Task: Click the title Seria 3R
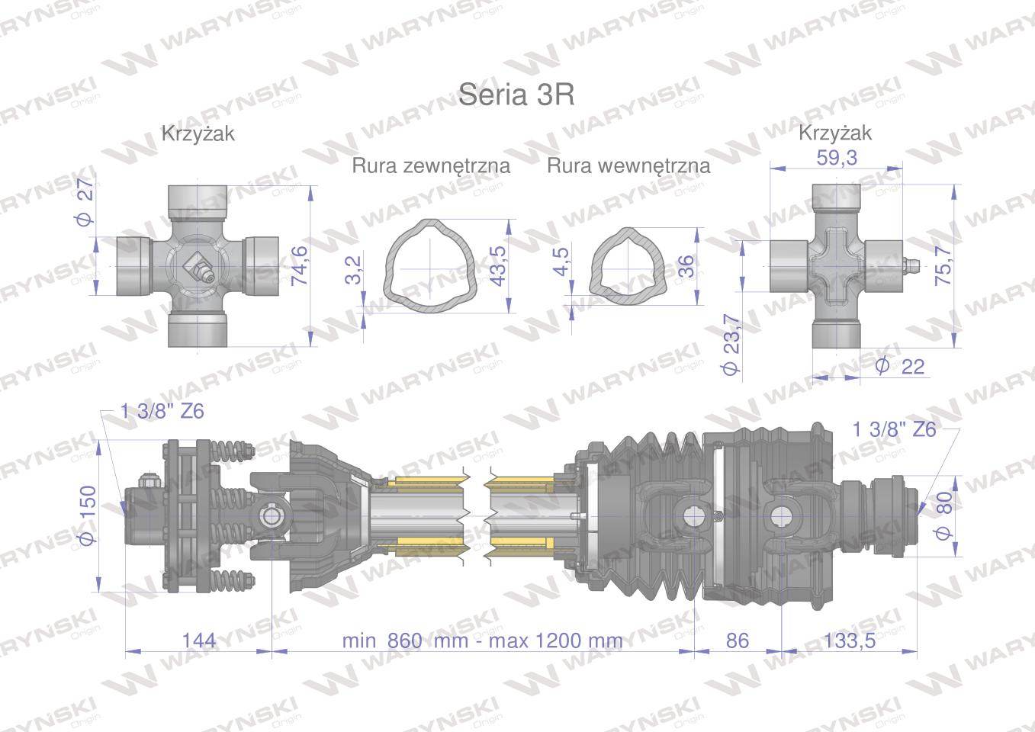[516, 95]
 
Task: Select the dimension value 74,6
[299, 265]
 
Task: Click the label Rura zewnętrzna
[431, 165]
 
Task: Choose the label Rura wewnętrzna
[628, 165]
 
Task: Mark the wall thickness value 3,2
[352, 270]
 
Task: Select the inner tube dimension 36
[686, 265]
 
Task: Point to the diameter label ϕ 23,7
[729, 345]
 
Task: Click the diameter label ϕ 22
[900, 366]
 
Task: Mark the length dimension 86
[737, 640]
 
